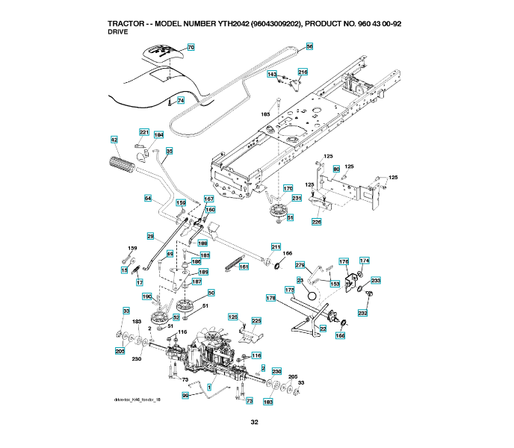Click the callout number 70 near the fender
pos(191,47)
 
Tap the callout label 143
pos(272,74)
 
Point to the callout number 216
pos(303,72)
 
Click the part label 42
pos(114,140)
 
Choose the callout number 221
pos(144,132)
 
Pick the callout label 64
pos(148,198)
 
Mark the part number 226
pos(316,222)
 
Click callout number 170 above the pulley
pos(288,189)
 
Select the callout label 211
pos(276,246)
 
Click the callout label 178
pos(271,298)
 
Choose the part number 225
pos(256,321)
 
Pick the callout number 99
pos(185,396)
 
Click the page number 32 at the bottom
pos(255,423)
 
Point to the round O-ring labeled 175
pos(307,304)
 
